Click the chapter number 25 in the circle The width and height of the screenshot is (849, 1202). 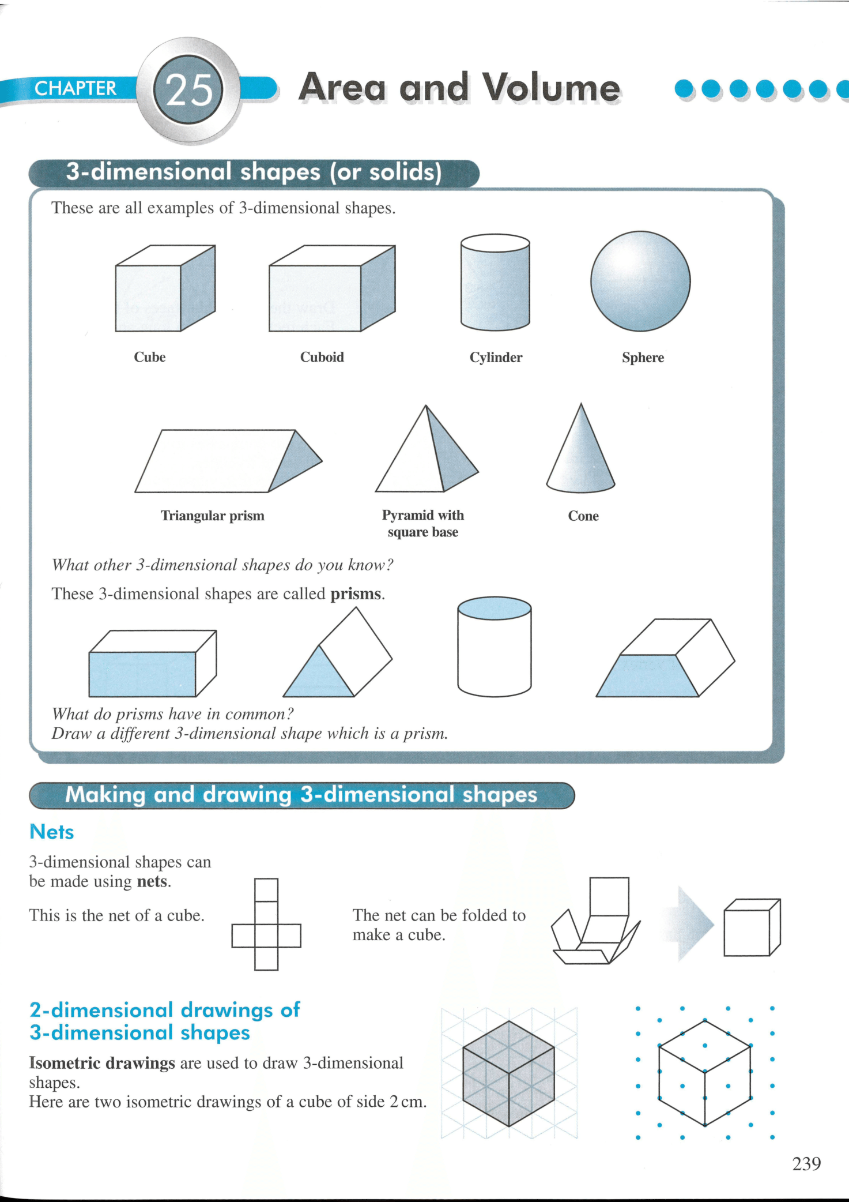pos(188,90)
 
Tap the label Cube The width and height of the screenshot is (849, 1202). pos(150,357)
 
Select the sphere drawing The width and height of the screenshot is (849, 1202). pos(640,281)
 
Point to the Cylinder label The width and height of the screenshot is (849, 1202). pos(496,358)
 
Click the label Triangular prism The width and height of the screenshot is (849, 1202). pos(213,516)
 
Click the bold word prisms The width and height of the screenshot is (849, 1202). pos(356,594)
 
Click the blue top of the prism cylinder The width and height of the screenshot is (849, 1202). pos(494,608)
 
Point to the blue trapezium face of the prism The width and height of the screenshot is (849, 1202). pos(647,676)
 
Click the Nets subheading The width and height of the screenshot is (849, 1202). pos(52,832)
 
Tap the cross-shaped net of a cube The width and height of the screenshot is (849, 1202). pos(266,924)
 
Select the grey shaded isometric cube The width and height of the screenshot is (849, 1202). pos(508,1073)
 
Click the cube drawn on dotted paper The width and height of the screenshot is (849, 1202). pos(705,1073)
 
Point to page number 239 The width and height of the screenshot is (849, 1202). pos(806,1164)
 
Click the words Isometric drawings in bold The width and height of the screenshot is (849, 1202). pos(102,1063)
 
